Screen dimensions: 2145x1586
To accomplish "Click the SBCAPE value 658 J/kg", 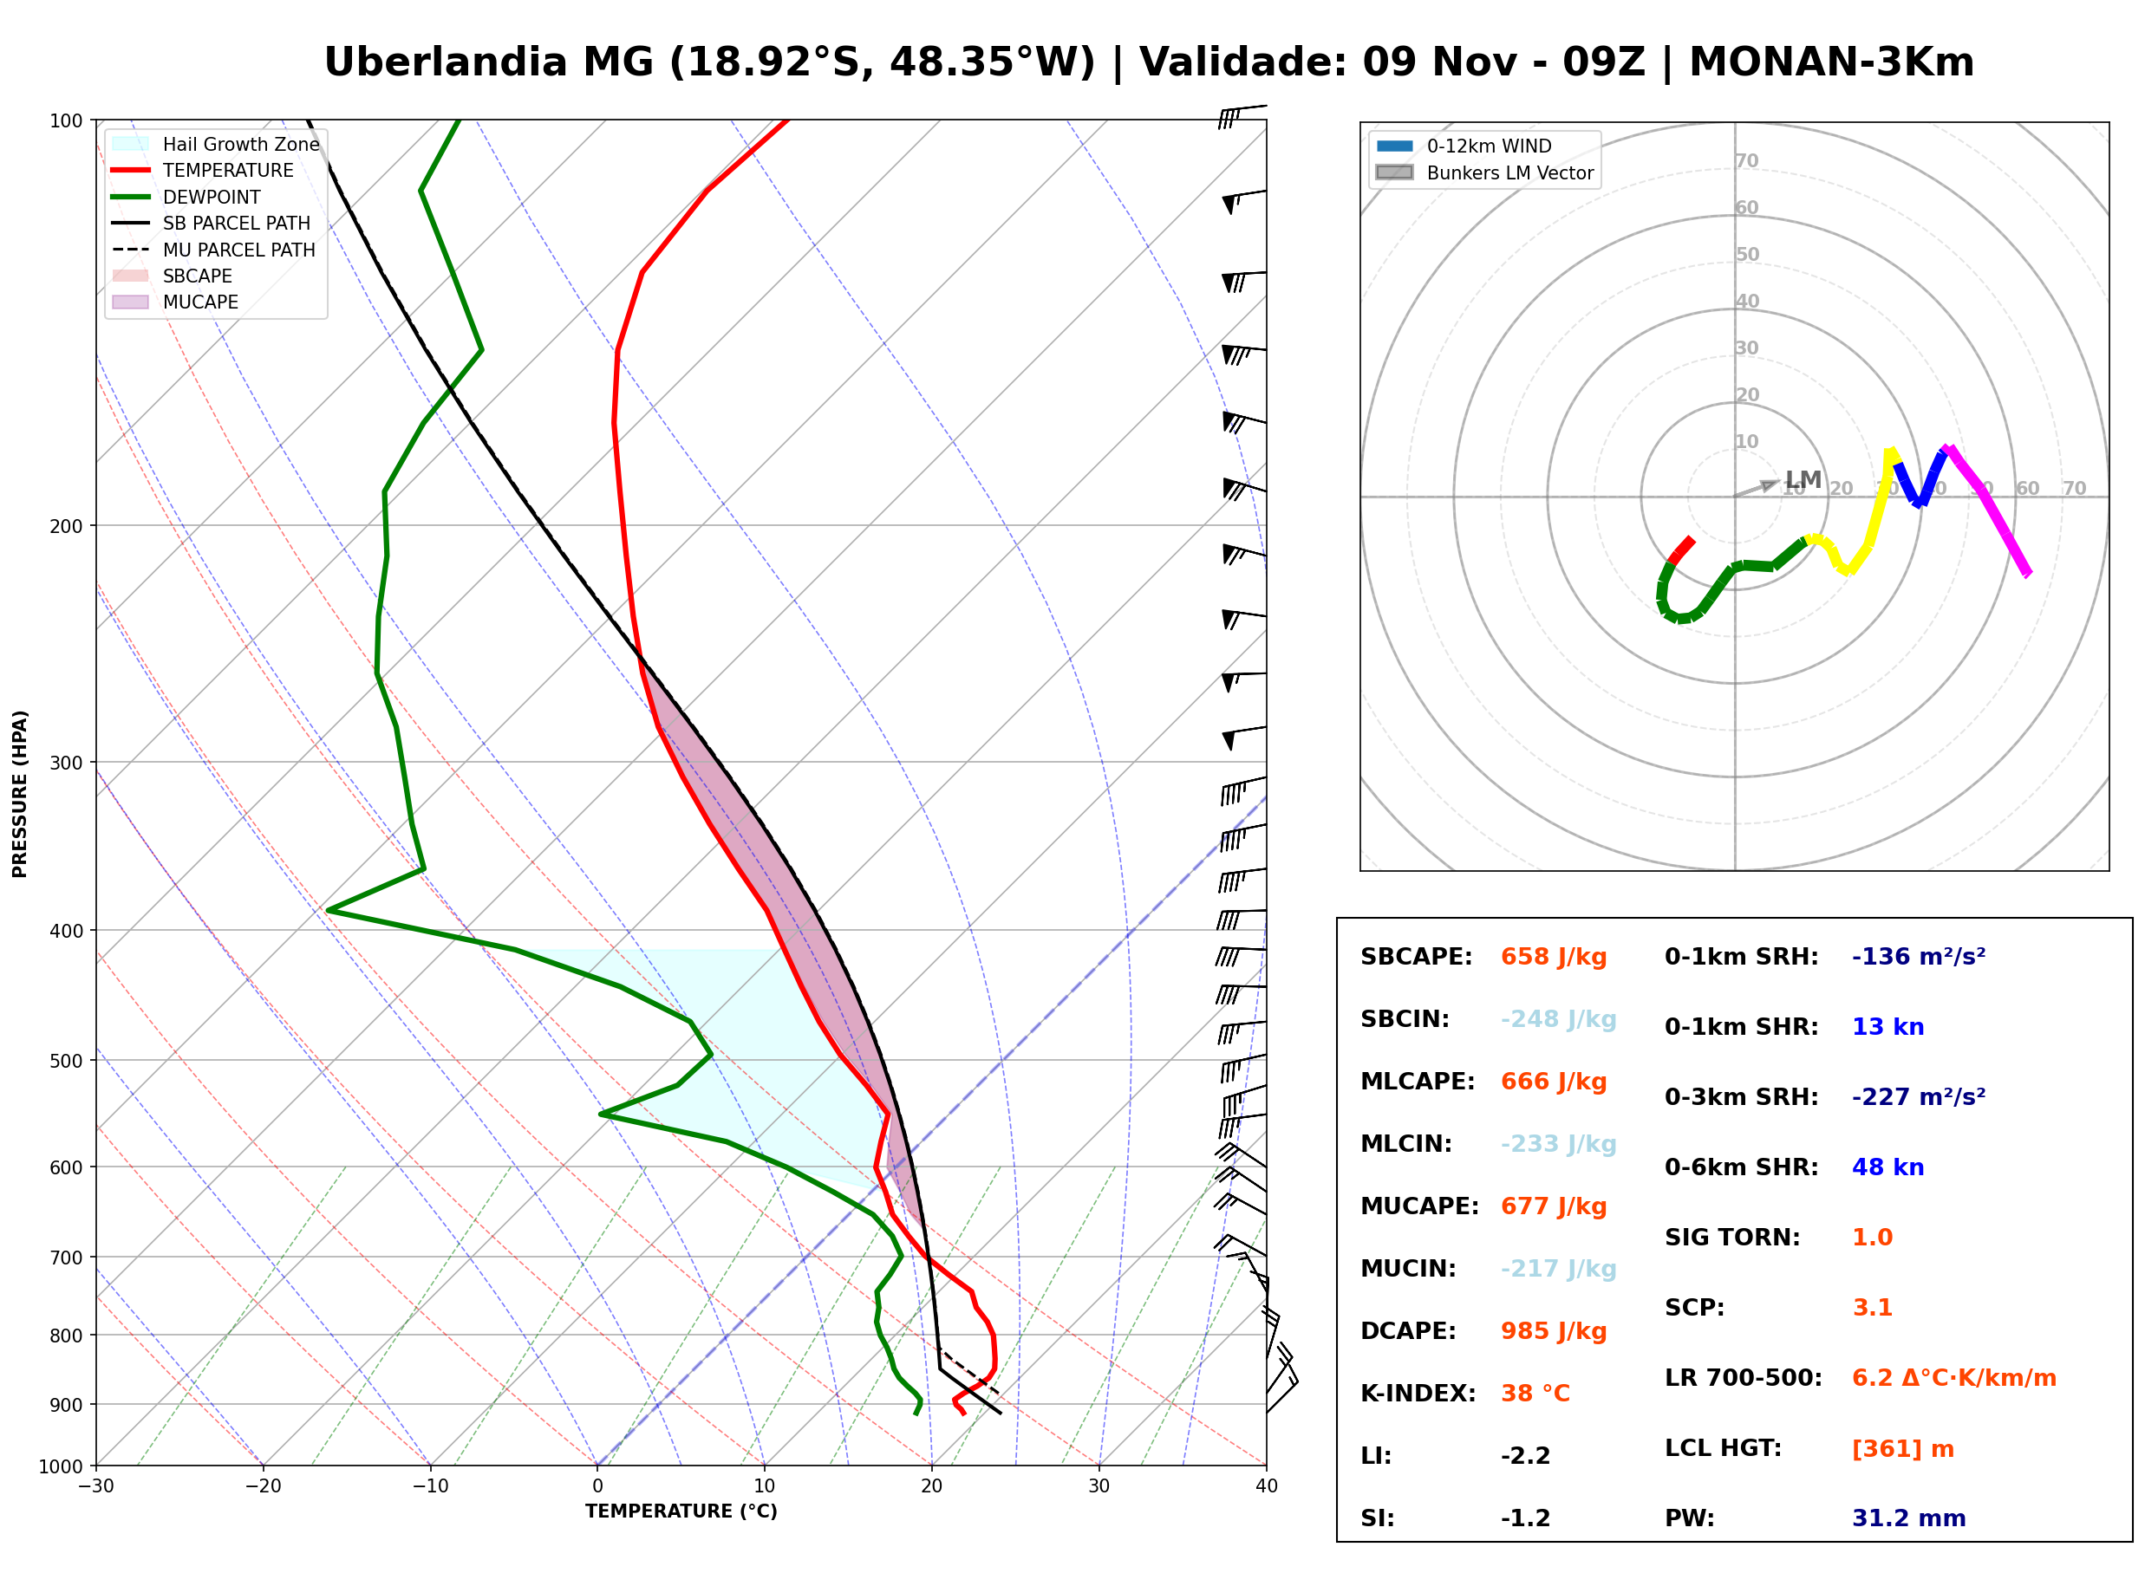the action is point(1554,957).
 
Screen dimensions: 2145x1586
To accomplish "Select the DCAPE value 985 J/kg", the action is point(1554,1331).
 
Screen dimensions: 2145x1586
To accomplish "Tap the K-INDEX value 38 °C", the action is point(1535,1394).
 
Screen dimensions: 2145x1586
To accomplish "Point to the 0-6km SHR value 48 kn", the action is point(1887,1167).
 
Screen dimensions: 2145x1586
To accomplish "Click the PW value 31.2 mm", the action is point(1909,1518).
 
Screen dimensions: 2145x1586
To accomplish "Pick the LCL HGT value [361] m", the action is point(1903,1449).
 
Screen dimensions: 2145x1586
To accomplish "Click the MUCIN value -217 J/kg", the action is point(1558,1269).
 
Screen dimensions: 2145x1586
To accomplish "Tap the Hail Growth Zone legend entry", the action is point(215,144).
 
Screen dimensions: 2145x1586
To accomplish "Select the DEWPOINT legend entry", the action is point(186,197).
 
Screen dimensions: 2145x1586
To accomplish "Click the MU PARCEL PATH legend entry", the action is point(213,250).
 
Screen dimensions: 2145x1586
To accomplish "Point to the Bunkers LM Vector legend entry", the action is point(1484,172).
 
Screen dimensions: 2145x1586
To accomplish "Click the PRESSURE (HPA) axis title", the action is point(20,794).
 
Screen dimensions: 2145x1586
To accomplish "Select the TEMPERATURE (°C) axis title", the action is point(681,1511).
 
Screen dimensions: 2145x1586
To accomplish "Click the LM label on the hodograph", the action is point(1803,479).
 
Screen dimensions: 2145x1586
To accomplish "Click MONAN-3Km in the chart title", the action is point(1832,62).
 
